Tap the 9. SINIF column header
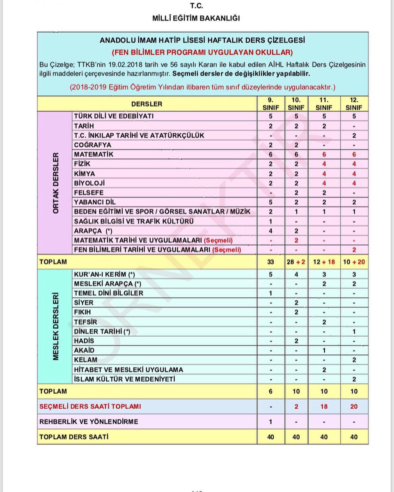click(x=270, y=104)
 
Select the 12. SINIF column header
click(x=354, y=104)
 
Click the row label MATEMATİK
click(x=94, y=155)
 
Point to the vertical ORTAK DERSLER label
click(x=55, y=183)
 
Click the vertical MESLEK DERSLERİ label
click(x=55, y=326)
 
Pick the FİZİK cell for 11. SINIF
click(x=324, y=164)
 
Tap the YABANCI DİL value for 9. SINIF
click(x=270, y=202)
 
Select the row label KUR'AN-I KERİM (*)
click(x=105, y=274)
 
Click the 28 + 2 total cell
click(x=296, y=262)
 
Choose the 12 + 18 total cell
click(x=324, y=262)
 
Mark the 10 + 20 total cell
click(x=354, y=262)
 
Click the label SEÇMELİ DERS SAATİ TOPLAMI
click(x=90, y=406)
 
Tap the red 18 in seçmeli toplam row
click(x=324, y=406)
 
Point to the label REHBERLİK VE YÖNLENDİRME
click(x=89, y=421)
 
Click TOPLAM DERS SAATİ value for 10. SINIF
click(x=296, y=437)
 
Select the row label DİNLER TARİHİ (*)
click(x=102, y=332)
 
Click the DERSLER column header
click(x=147, y=104)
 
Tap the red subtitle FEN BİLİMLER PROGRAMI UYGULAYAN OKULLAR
click(x=202, y=52)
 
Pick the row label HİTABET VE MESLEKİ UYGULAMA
click(x=128, y=370)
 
